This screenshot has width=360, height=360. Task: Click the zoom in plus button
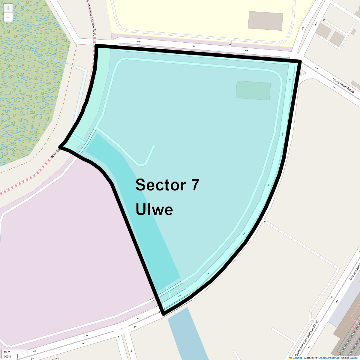tap(8, 8)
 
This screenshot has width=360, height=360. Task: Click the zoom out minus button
tap(8, 17)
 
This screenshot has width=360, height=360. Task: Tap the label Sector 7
tap(167, 185)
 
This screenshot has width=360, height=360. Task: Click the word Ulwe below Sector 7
tap(154, 209)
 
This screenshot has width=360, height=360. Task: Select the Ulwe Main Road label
tap(343, 85)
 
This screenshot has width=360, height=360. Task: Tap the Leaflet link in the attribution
tap(297, 358)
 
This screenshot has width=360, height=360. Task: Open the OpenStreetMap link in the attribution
tap(329, 358)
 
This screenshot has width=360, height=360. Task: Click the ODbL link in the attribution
tap(353, 358)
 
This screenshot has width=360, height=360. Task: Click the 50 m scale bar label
tap(7, 352)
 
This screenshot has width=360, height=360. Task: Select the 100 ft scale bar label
tap(7, 357)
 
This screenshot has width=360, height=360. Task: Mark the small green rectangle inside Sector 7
tap(253, 90)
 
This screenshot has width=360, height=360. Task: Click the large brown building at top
tap(265, 21)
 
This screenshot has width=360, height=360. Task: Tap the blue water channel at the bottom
tap(189, 336)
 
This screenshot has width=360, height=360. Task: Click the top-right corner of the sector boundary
tap(300, 61)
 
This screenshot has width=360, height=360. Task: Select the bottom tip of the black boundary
tap(163, 314)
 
